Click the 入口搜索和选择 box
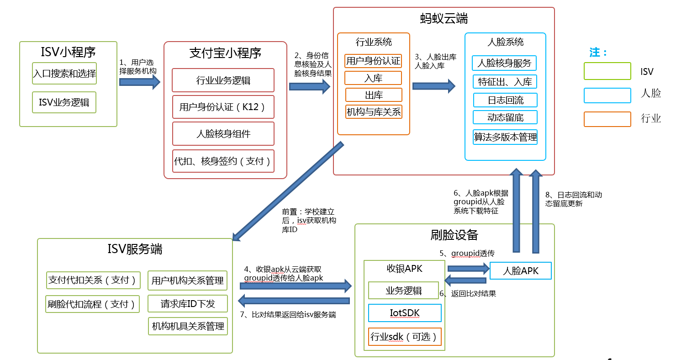[x=64, y=73]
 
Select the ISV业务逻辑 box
[x=64, y=102]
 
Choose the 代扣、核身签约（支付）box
[x=223, y=161]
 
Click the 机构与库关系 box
[x=374, y=112]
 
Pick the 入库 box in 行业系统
[x=373, y=78]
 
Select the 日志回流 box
[x=505, y=100]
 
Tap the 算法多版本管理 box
[x=505, y=137]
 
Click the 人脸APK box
[x=520, y=271]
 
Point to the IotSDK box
[x=405, y=313]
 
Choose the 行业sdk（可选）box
[x=405, y=337]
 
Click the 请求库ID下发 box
[x=188, y=303]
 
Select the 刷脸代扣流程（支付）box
[x=93, y=304]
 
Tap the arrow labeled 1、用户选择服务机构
[x=140, y=82]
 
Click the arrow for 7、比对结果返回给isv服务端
[x=294, y=301]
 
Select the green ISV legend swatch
[x=607, y=71]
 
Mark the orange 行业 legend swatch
[x=607, y=119]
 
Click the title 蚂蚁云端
[x=444, y=19]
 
